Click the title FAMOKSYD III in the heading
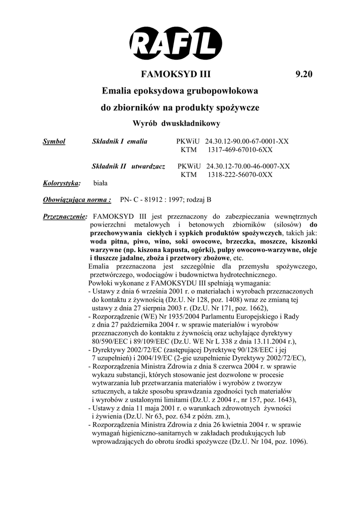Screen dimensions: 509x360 tap(176, 75)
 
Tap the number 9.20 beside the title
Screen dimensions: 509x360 tap(304, 75)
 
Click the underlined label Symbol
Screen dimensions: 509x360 tap(54, 142)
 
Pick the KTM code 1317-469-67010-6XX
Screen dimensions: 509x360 tap(240, 150)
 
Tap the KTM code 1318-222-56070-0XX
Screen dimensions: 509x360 tap(240, 174)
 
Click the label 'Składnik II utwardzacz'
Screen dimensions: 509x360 tap(129, 167)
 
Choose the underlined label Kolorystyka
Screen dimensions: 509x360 tap(62, 183)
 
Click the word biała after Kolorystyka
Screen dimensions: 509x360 tap(100, 183)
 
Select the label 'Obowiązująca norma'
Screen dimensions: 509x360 tap(77, 200)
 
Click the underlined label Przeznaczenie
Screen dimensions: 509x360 tap(65, 217)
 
